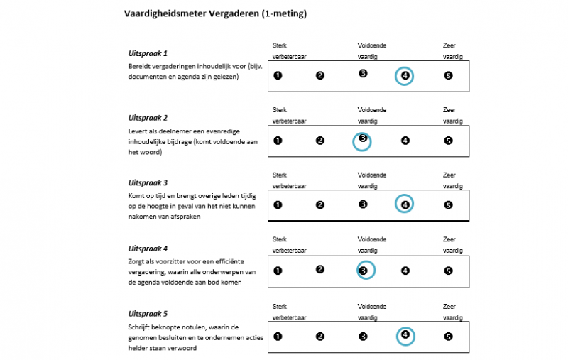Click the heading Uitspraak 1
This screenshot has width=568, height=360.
coord(148,53)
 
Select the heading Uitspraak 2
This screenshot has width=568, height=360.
coord(148,118)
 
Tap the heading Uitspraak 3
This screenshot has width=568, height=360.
coord(148,182)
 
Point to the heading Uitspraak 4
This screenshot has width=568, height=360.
coord(148,249)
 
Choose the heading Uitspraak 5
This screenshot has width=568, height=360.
coord(148,313)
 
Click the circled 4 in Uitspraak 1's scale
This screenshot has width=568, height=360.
coord(405,76)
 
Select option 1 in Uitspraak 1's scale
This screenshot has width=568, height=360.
coord(278,75)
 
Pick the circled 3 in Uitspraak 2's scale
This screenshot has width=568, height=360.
coord(363,141)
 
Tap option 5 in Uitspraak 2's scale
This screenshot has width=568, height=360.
coord(448,141)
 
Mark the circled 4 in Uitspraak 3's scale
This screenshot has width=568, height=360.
coord(405,205)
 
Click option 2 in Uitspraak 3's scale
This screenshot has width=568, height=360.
coord(320,205)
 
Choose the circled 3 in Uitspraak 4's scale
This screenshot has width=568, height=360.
coord(364,271)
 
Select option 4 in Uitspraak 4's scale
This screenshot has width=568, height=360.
coord(405,271)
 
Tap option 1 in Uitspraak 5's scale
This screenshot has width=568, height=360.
coord(278,337)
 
